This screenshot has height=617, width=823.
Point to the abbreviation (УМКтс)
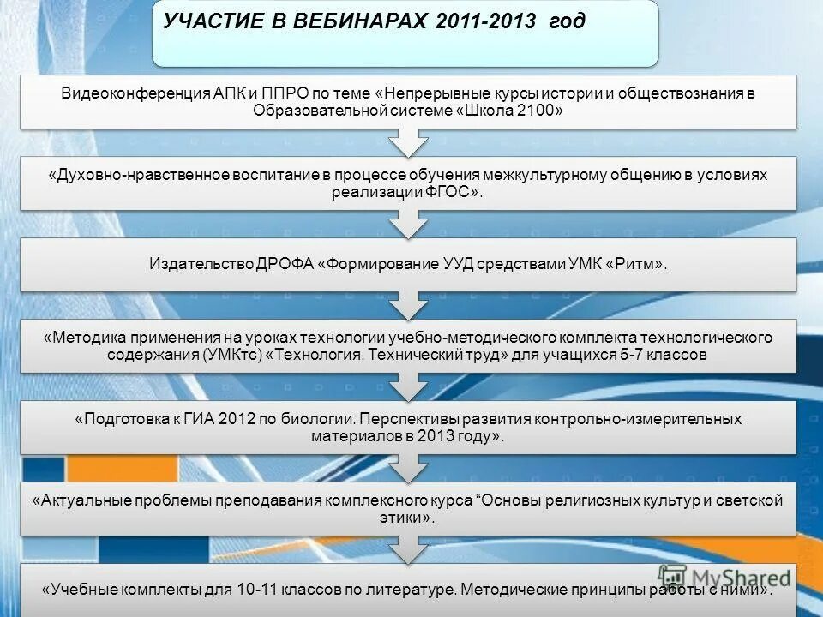point(234,355)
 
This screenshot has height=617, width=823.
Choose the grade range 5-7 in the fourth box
point(635,355)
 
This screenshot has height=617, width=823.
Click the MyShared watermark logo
point(724,578)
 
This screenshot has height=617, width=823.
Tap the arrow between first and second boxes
point(408,141)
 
